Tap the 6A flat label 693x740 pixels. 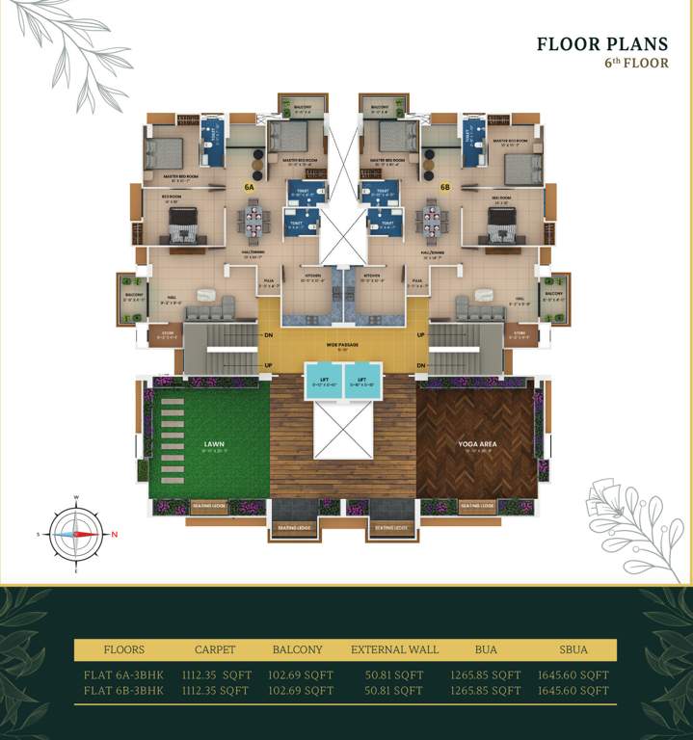(x=249, y=186)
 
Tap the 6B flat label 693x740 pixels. (x=445, y=186)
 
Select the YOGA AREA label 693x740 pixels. (x=477, y=445)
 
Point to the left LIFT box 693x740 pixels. (x=325, y=381)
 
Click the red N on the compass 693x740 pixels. (x=114, y=534)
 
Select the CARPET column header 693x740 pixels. (x=214, y=649)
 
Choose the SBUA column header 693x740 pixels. (x=573, y=649)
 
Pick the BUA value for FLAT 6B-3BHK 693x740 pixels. (x=486, y=691)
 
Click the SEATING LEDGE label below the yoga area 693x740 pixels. (x=478, y=506)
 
